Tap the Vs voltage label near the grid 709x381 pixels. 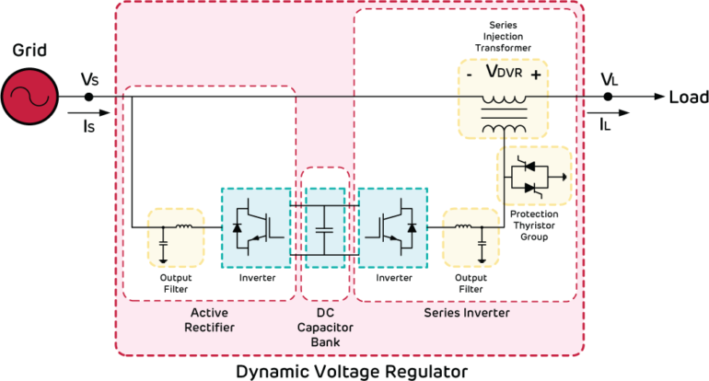[x=89, y=80]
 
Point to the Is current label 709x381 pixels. [x=89, y=120]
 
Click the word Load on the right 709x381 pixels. [x=686, y=96]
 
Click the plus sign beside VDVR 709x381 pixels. [x=535, y=74]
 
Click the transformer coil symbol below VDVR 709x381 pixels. [x=502, y=112]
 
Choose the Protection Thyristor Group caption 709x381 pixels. [x=534, y=225]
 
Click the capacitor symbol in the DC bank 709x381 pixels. [x=324, y=226]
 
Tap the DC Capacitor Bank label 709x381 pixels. [x=324, y=328]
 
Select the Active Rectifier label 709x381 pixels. [x=208, y=320]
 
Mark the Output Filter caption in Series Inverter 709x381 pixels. [x=470, y=283]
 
